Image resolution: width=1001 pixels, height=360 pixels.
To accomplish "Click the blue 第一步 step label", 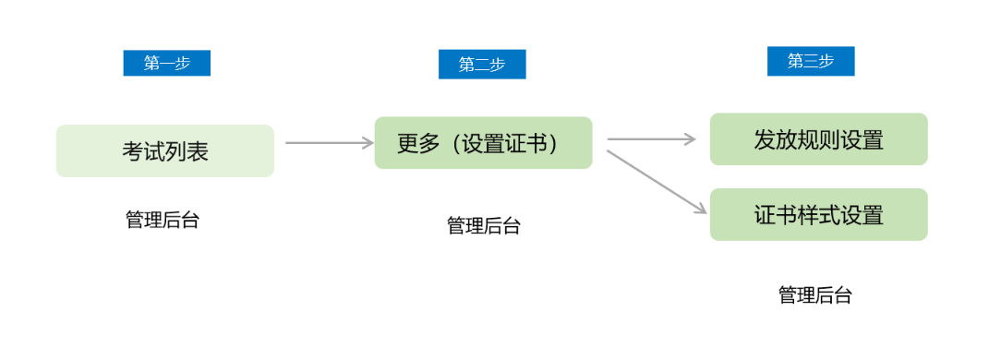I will coord(166,63).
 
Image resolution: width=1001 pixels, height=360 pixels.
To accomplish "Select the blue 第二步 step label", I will coord(482,65).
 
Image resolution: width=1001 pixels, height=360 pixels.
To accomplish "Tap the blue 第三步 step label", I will coord(810,61).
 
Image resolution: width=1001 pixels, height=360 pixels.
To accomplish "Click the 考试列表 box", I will coord(165,150).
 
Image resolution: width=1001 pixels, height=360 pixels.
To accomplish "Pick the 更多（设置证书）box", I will coord(483,143).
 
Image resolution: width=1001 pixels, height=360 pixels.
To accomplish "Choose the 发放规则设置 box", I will coord(818,139).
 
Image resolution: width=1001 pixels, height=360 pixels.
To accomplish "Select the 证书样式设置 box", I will coord(818,214).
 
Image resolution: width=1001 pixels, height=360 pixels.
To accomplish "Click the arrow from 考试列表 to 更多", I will coord(328,143).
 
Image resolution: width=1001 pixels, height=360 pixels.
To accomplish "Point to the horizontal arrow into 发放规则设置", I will coord(651,139).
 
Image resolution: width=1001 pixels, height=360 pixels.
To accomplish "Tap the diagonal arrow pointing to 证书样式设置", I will coord(656,182).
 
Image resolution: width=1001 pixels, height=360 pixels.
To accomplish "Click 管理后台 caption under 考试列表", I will coord(163,220).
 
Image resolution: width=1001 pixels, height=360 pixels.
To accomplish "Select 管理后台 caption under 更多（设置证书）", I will coord(484,226).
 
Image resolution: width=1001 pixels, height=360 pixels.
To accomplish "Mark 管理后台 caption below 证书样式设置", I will coord(815,295).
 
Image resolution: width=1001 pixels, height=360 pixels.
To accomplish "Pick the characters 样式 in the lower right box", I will coord(818,215).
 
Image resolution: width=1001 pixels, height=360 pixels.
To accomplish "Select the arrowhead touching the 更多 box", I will coord(367,143).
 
